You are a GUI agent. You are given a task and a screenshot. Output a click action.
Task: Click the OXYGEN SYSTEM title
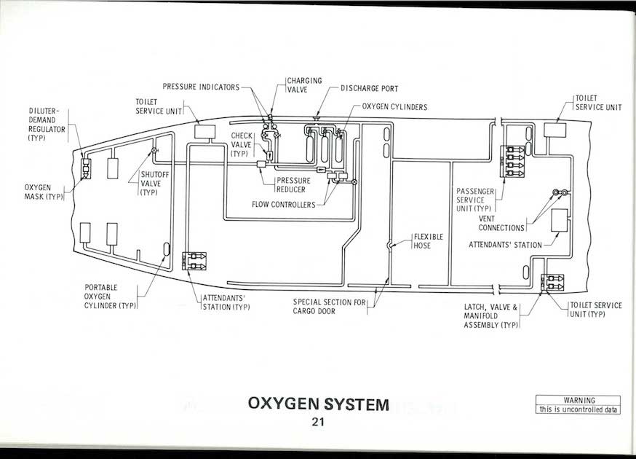pyautogui.click(x=318, y=404)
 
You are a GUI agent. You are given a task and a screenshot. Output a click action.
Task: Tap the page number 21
pyautogui.click(x=317, y=421)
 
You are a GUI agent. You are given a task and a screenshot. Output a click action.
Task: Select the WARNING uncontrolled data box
pyautogui.click(x=578, y=405)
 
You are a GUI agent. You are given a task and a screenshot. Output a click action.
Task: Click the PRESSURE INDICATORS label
pyautogui.click(x=201, y=87)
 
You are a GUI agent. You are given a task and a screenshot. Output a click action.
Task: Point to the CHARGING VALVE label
pyautogui.click(x=303, y=85)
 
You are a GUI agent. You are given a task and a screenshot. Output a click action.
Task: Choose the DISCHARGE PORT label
pyautogui.click(x=369, y=88)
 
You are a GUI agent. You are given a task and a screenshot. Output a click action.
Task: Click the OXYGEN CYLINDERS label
pyautogui.click(x=394, y=107)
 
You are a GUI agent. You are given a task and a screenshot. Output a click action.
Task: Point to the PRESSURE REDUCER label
pyautogui.click(x=293, y=184)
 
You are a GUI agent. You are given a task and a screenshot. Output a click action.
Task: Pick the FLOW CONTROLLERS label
pyautogui.click(x=284, y=205)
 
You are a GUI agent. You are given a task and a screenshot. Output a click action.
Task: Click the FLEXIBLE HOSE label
pyautogui.click(x=428, y=241)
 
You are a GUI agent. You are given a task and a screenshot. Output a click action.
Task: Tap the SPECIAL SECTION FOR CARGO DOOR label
pyautogui.click(x=329, y=306)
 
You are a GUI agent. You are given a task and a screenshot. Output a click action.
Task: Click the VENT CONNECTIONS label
pyautogui.click(x=501, y=223)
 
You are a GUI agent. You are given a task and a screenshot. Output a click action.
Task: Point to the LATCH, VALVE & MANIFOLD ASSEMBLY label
pyautogui.click(x=490, y=315)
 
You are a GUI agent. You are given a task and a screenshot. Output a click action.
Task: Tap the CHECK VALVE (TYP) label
pyautogui.click(x=242, y=144)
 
